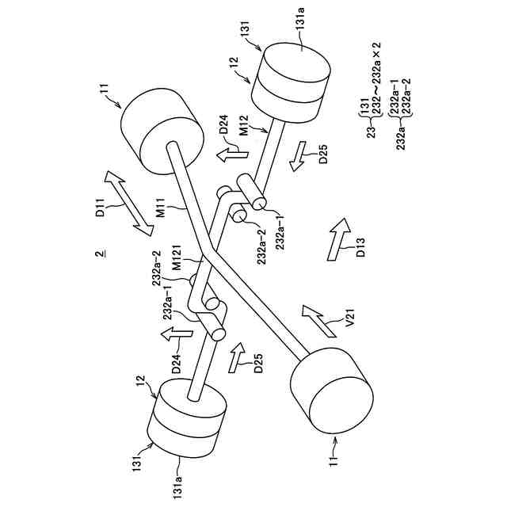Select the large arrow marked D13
coord(338,237)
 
